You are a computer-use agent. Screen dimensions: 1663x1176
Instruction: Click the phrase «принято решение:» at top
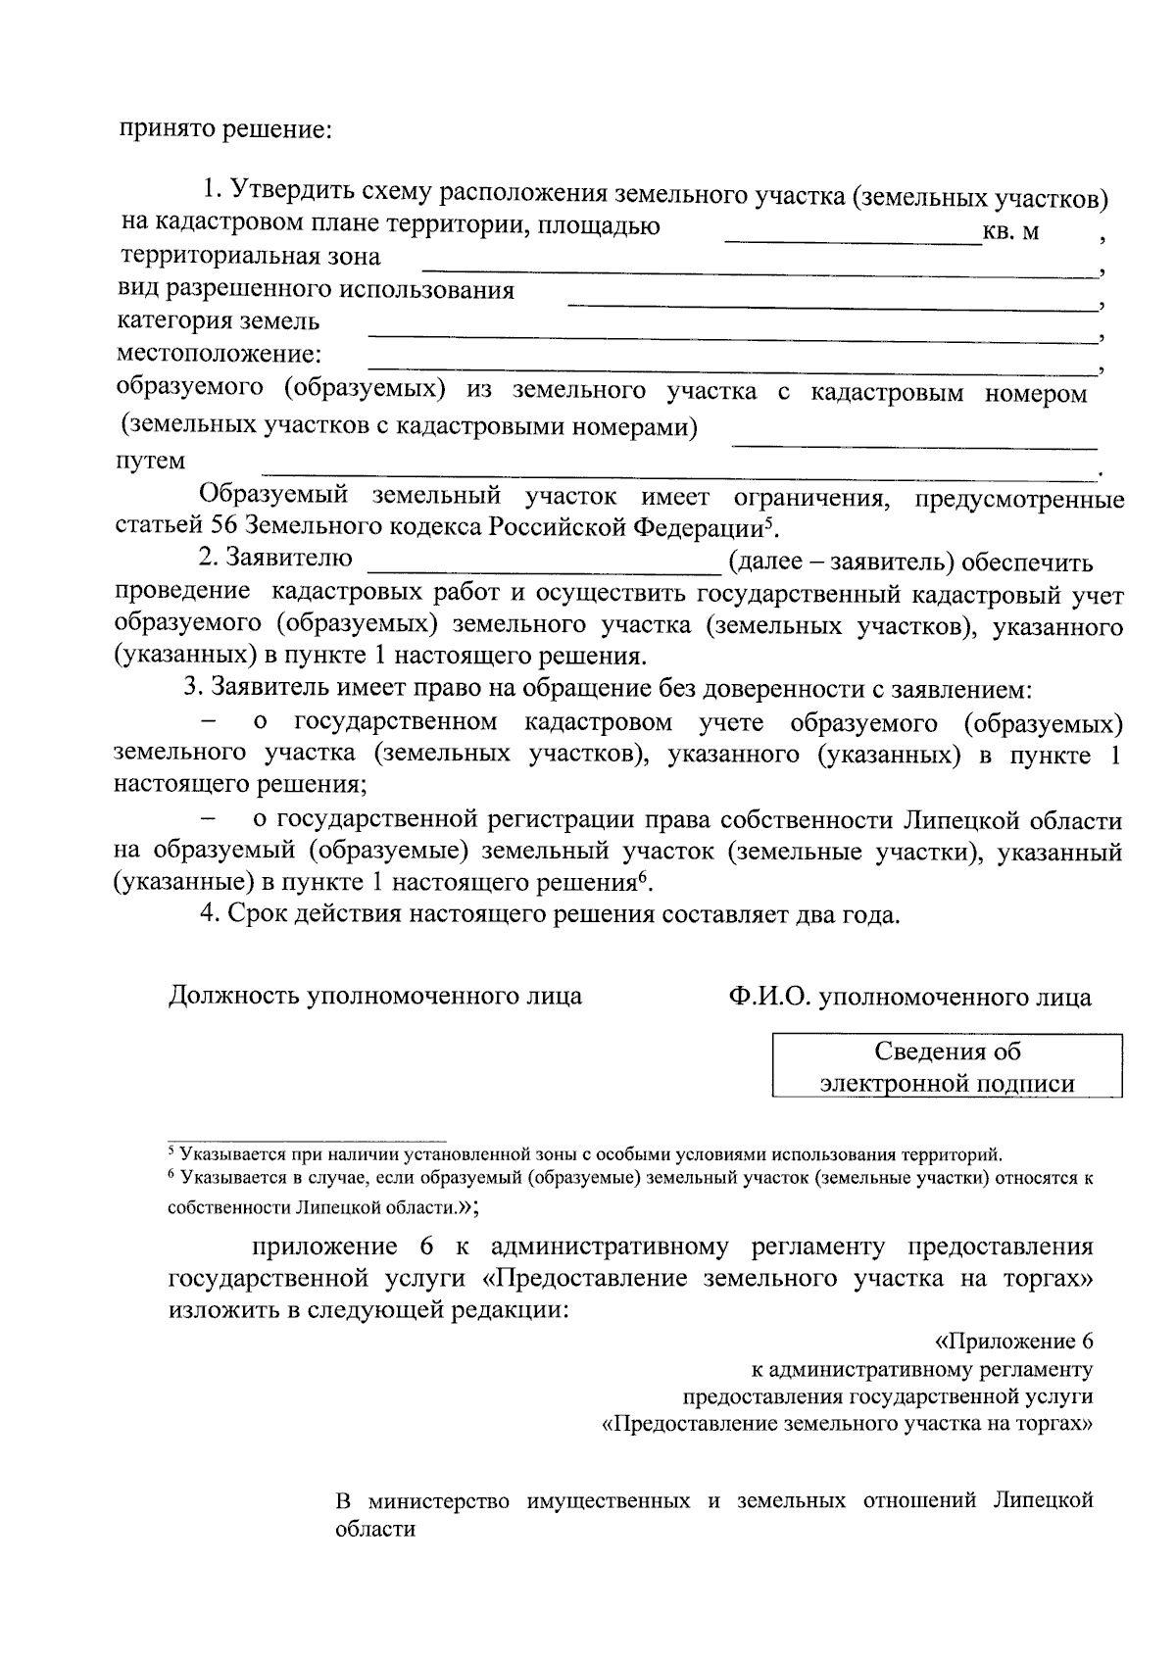pyautogui.click(x=227, y=128)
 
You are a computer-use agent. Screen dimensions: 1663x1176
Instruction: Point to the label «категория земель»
pyautogui.click(x=218, y=321)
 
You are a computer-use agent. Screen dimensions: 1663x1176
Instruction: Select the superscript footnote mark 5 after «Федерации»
pyautogui.click(x=770, y=521)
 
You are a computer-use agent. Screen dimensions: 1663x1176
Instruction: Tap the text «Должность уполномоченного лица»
pyautogui.click(x=375, y=997)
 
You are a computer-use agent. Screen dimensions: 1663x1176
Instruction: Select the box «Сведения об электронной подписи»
pyautogui.click(x=947, y=1067)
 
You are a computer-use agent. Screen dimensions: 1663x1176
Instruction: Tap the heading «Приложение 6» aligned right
pyautogui.click(x=1013, y=1342)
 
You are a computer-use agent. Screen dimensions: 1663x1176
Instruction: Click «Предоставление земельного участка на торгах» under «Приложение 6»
pyautogui.click(x=849, y=1424)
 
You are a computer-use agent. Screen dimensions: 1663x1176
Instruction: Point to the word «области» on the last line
pyautogui.click(x=375, y=1530)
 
